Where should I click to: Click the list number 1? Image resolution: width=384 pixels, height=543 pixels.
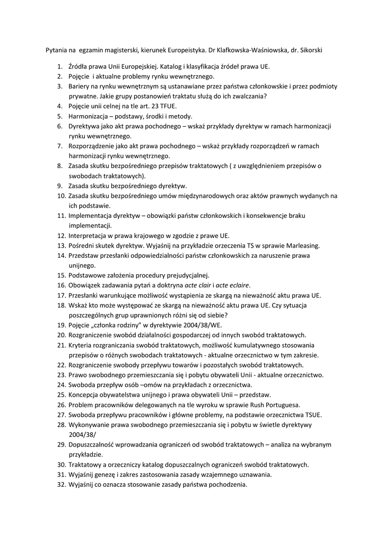59,67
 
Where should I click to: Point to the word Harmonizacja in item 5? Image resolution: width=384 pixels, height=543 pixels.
89,116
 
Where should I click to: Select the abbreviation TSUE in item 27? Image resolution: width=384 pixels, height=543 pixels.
311,415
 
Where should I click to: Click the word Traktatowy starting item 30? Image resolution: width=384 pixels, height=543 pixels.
86,465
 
